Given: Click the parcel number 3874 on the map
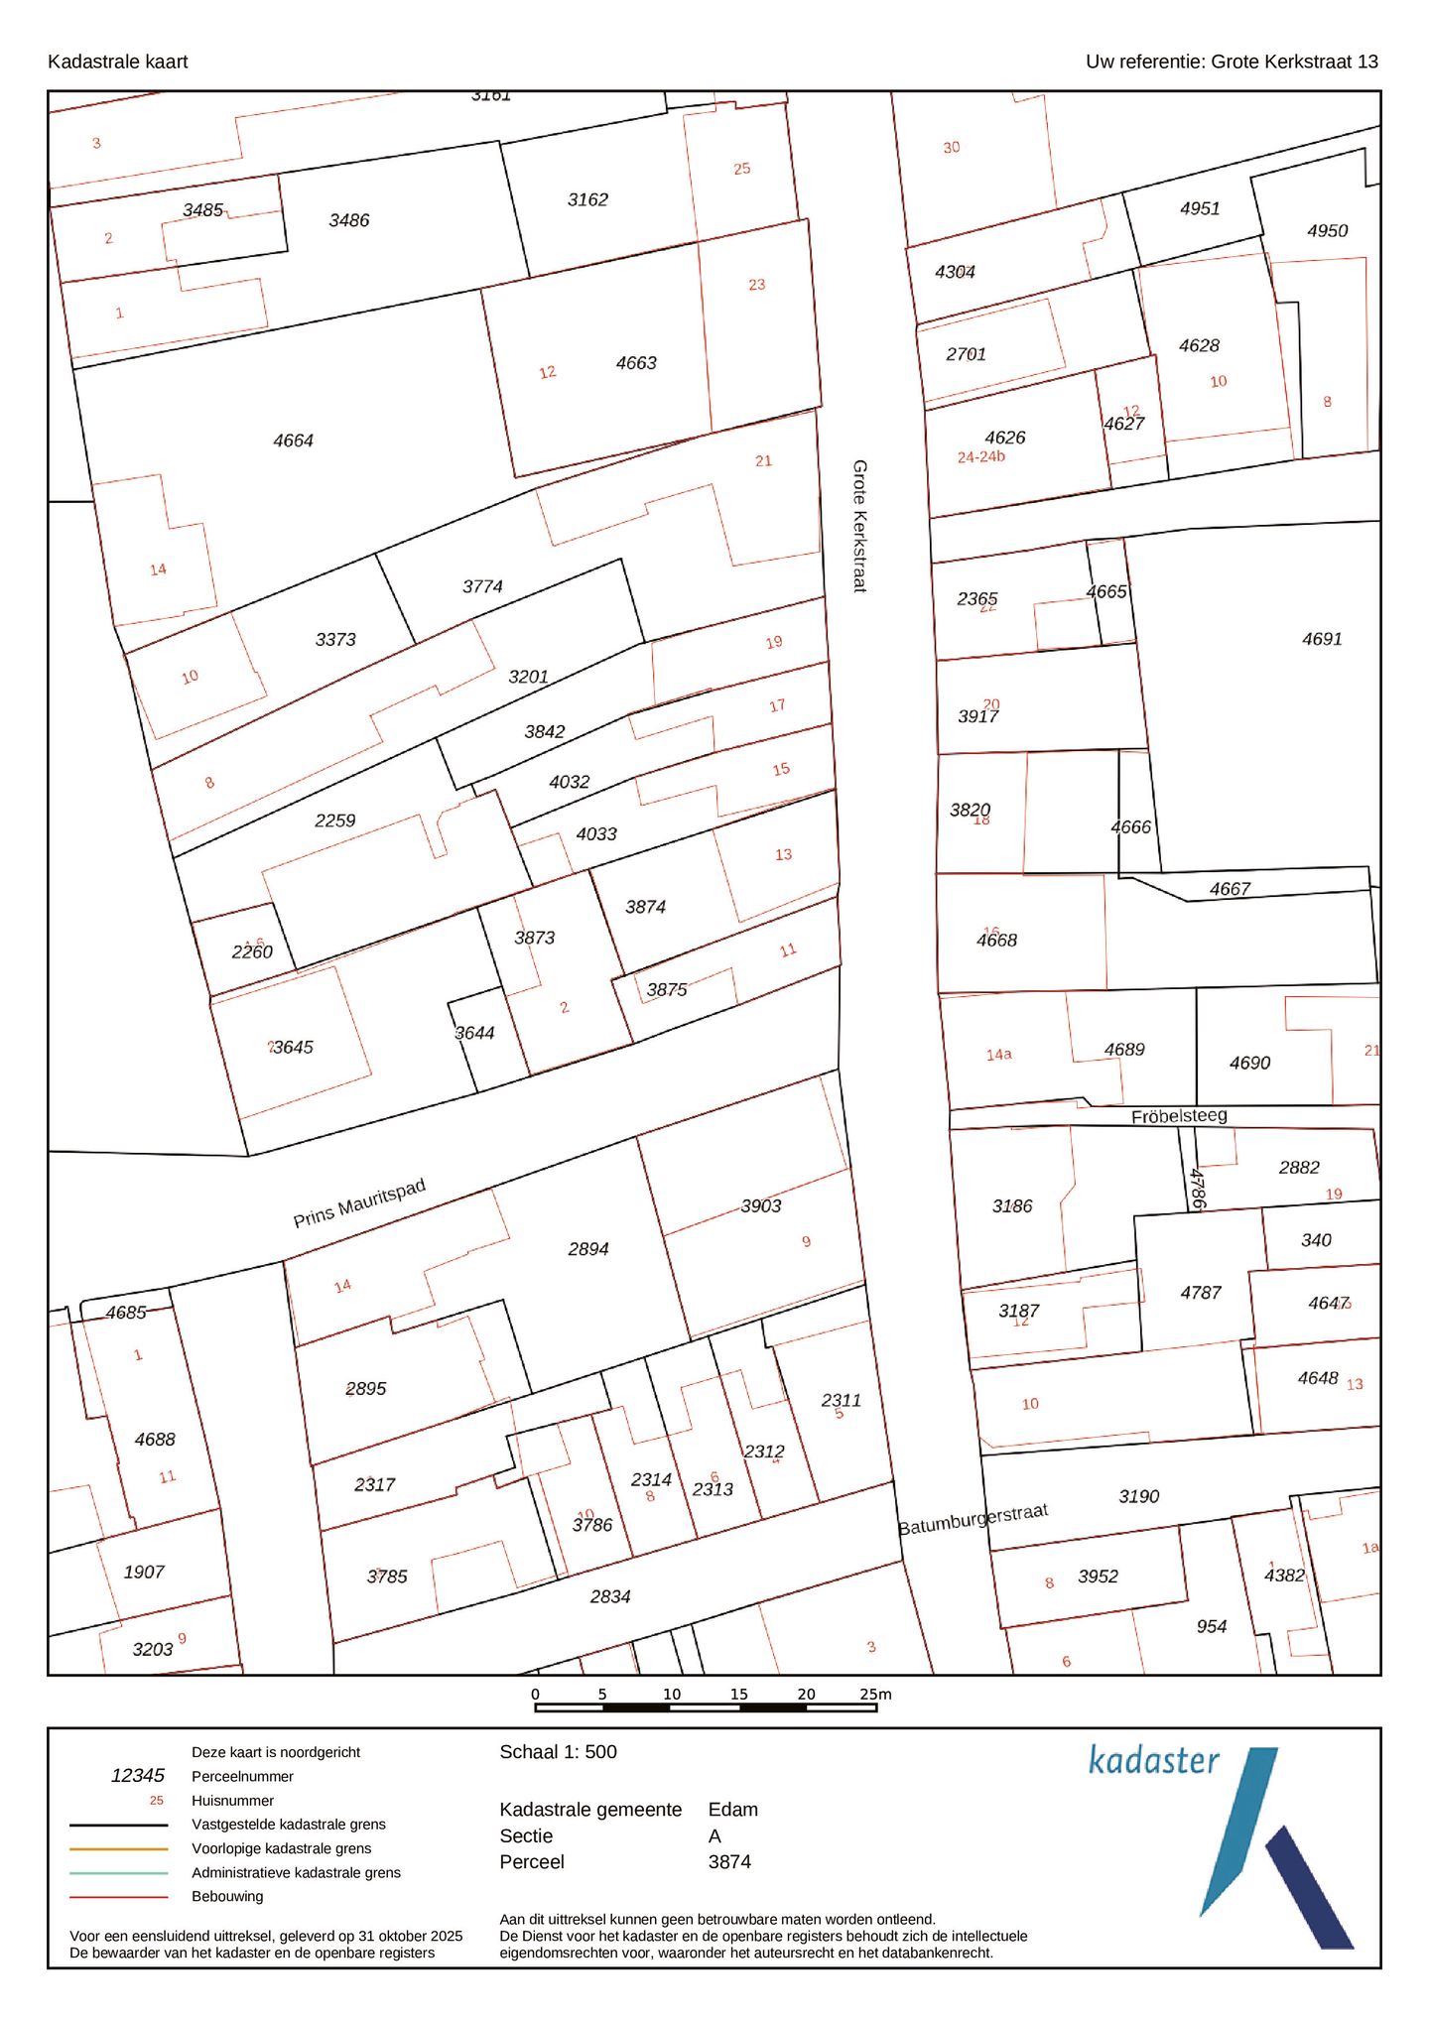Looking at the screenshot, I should pyautogui.click(x=645, y=907).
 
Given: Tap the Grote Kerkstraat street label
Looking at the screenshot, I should pyautogui.click(x=859, y=525).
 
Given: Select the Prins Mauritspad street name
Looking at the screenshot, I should pyautogui.click(x=359, y=1202).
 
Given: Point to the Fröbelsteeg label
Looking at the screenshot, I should pyautogui.click(x=1179, y=1116).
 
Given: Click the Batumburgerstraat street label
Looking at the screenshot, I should pyautogui.click(x=973, y=1519).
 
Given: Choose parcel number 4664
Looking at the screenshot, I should pyautogui.click(x=293, y=441).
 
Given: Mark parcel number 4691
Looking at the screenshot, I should pyautogui.click(x=1322, y=639).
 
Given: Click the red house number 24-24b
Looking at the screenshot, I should pyautogui.click(x=980, y=457).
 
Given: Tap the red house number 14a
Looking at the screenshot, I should pyautogui.click(x=998, y=1055).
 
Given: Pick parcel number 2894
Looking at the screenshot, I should pyautogui.click(x=587, y=1249).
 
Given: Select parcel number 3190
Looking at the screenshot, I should pyautogui.click(x=1138, y=1496).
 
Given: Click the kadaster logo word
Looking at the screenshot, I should pyautogui.click(x=1153, y=1760).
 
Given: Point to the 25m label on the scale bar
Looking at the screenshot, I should pyautogui.click(x=875, y=1694).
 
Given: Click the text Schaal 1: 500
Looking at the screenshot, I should pyautogui.click(x=558, y=1752).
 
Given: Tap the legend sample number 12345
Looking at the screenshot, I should pyautogui.click(x=138, y=1775).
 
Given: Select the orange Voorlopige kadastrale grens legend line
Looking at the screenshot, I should pyautogui.click(x=118, y=1848).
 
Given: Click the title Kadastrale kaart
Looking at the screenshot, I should pyautogui.click(x=117, y=62).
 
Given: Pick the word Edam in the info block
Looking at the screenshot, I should pyautogui.click(x=732, y=1809).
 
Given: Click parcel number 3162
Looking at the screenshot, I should pyautogui.click(x=587, y=199).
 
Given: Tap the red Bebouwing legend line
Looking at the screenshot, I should pyautogui.click(x=118, y=1897).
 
